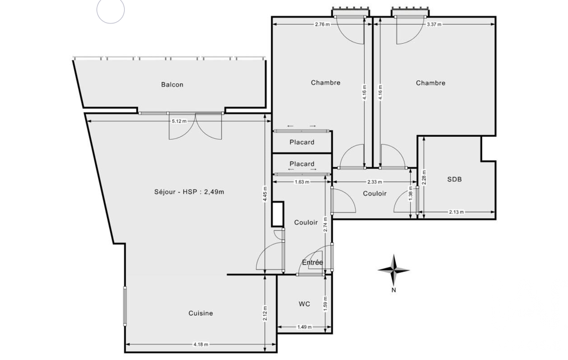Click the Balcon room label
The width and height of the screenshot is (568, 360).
172,85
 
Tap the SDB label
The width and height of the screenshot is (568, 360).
454,179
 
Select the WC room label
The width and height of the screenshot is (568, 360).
304,304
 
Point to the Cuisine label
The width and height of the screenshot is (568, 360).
201,313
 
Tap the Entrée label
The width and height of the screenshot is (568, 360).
312,262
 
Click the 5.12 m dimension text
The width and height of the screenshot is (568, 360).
179,121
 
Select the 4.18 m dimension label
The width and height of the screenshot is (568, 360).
201,344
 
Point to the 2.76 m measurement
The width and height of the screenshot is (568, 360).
322,24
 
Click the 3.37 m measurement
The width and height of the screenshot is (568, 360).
434,24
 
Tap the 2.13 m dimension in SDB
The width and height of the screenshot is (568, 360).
456,212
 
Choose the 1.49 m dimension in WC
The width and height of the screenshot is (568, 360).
304,327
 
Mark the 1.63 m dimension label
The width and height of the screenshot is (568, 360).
302,182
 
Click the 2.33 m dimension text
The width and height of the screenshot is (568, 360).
374,182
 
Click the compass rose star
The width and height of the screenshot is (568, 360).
394,270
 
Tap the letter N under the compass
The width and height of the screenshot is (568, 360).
394,290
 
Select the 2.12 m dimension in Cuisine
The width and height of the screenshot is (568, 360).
265,313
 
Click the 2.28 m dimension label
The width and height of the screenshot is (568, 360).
424,177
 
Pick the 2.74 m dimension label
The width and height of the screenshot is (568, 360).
325,224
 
